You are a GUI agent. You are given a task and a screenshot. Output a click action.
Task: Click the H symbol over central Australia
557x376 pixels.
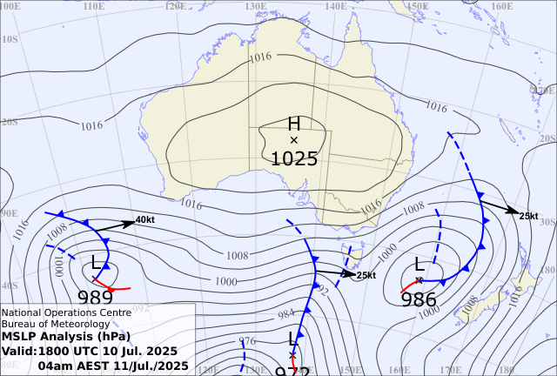pos(293,124)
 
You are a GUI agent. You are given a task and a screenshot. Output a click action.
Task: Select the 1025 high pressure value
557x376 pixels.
pos(294,158)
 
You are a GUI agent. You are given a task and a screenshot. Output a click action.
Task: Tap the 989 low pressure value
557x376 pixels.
pos(95,297)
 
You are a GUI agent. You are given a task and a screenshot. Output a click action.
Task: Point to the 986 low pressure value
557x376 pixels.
pos(419,299)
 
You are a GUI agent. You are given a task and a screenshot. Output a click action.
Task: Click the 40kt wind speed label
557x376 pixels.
pos(145,220)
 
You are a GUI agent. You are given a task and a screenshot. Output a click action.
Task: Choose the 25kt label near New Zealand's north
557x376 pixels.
pos(528,216)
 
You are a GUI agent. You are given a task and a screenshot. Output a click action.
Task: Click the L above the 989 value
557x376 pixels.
pos(96,262)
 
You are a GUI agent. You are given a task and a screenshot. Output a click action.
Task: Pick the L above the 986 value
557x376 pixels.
pos(419,265)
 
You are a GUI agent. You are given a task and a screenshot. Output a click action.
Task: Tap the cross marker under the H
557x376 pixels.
pos(293,139)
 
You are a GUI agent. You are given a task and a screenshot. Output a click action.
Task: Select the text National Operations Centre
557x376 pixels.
pos(66,312)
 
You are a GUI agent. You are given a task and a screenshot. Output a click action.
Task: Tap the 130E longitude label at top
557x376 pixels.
pos(255,5)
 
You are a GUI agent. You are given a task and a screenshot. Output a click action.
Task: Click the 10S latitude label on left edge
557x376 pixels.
pos(10,39)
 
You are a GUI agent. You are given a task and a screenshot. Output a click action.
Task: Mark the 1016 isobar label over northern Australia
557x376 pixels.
pos(260,57)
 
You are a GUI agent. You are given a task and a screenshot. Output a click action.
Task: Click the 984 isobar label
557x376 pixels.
pos(286,315)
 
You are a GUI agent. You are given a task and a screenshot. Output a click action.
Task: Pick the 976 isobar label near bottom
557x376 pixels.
pos(247,341)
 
